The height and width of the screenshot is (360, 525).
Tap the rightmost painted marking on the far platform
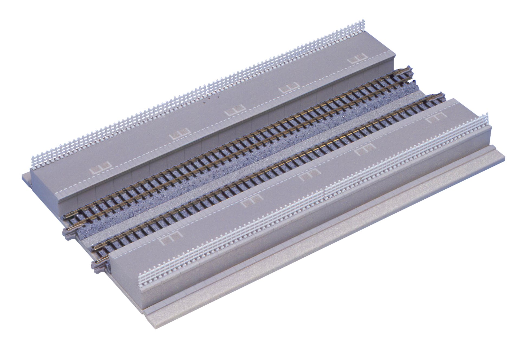click(x=357, y=59)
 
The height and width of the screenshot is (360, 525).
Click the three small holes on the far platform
click(x=211, y=99)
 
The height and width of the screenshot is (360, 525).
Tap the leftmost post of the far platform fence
click(x=33, y=161)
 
